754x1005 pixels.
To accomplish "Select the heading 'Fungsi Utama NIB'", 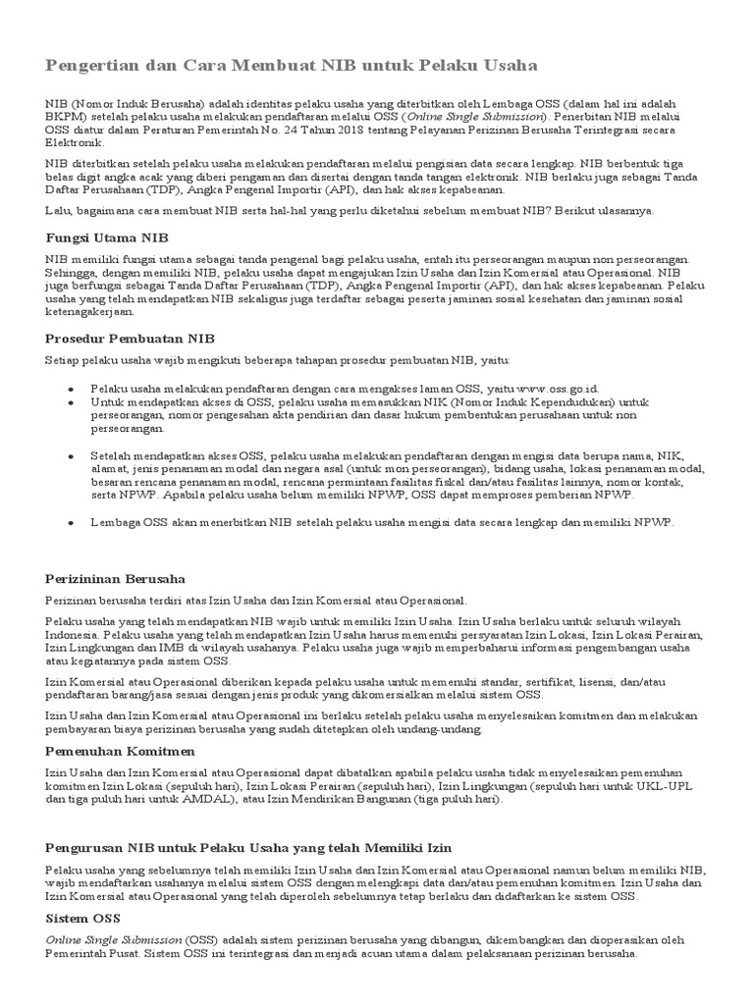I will click(107, 238).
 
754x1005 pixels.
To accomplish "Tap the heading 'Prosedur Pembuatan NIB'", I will click(130, 338).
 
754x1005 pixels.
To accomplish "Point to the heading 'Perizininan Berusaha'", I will click(116, 579).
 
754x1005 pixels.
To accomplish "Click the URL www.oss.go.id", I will click(558, 389).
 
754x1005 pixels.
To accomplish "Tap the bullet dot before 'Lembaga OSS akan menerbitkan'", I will click(71, 524).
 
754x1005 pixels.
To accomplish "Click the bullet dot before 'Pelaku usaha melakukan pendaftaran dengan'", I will click(71, 389).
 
